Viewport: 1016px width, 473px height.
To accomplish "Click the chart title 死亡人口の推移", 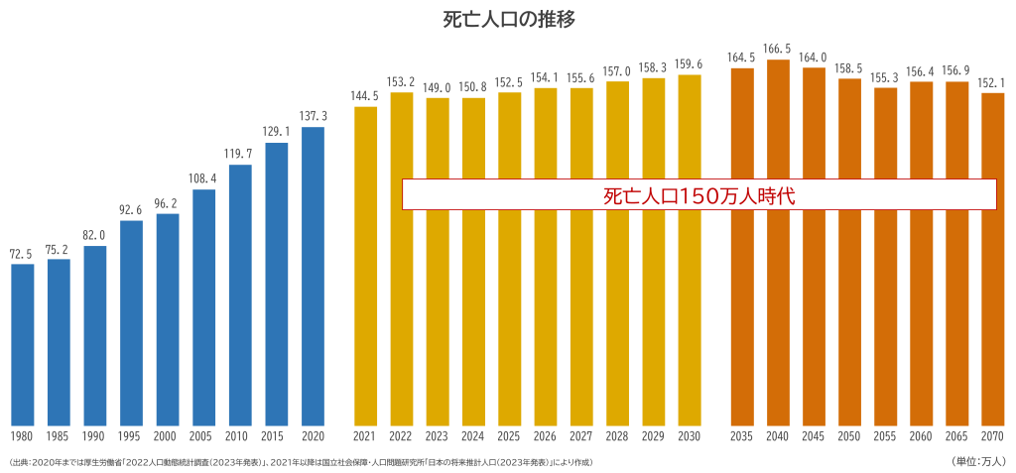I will pyautogui.click(x=507, y=18).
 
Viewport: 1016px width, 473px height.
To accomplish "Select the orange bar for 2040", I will pyautogui.click(x=779, y=243).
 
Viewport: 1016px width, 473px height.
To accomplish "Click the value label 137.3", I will pyautogui.click(x=313, y=116).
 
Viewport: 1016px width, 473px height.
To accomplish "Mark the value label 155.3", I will pyautogui.click(x=886, y=77).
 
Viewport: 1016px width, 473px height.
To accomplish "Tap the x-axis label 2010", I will pyautogui.click(x=240, y=436).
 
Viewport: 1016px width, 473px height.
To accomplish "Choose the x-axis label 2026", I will pyautogui.click(x=546, y=436).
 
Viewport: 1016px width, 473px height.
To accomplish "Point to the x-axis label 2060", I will pyautogui.click(x=922, y=436).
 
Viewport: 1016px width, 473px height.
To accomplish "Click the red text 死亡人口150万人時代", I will pyautogui.click(x=698, y=195).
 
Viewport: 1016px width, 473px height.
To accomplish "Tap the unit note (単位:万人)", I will pyautogui.click(x=978, y=461).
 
